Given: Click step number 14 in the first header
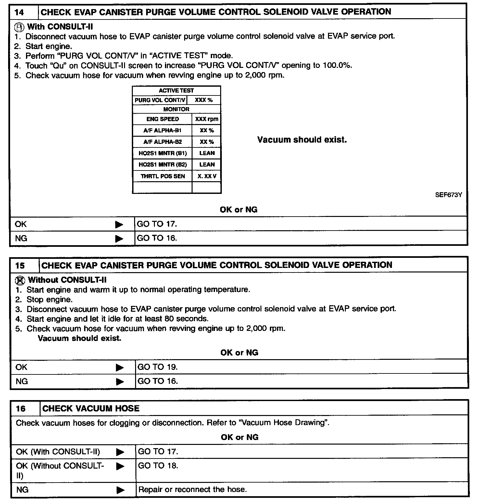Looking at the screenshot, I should [x=19, y=12].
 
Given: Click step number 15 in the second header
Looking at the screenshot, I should [x=20, y=266].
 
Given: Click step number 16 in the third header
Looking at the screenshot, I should [x=20, y=409].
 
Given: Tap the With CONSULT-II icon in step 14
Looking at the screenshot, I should [x=20, y=27].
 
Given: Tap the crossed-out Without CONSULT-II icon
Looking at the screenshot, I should [x=20, y=280].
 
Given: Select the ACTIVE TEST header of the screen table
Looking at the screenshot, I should [x=176, y=91].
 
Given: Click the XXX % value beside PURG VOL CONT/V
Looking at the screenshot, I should [x=204, y=100].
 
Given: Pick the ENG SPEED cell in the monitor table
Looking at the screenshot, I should [x=162, y=119].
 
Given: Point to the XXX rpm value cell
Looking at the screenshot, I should [x=207, y=119].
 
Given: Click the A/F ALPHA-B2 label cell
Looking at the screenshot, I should [x=162, y=142].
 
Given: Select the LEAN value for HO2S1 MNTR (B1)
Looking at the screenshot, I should [x=207, y=153].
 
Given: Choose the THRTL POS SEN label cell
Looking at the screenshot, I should [x=163, y=176].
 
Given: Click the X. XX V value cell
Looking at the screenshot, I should [x=207, y=176].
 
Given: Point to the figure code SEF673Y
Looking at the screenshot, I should [x=448, y=195].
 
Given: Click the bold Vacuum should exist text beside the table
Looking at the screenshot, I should [x=302, y=140].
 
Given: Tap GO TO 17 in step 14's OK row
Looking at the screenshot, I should [x=157, y=224].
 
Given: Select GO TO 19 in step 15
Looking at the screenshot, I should [x=157, y=367].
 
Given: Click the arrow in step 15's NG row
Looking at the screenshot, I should [x=120, y=382].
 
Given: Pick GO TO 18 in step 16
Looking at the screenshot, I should [x=158, y=466].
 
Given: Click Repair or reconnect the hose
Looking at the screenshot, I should [x=193, y=489].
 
